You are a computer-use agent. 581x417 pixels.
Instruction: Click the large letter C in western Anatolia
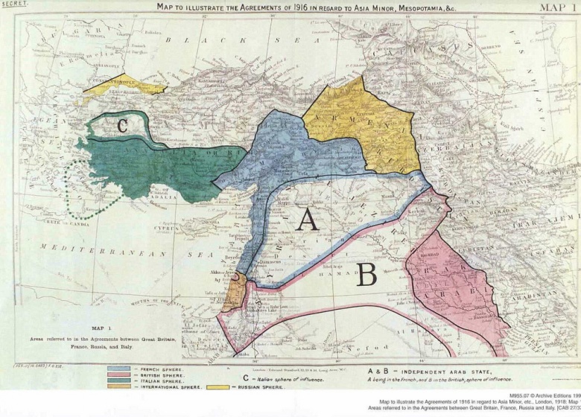pos(122,125)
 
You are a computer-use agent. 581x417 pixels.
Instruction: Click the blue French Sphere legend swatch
pos(121,369)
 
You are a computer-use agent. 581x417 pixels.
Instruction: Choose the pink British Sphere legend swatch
pos(121,375)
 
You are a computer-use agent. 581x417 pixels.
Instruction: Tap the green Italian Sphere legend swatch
pos(121,381)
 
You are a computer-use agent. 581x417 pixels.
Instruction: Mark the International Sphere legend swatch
pos(121,387)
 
